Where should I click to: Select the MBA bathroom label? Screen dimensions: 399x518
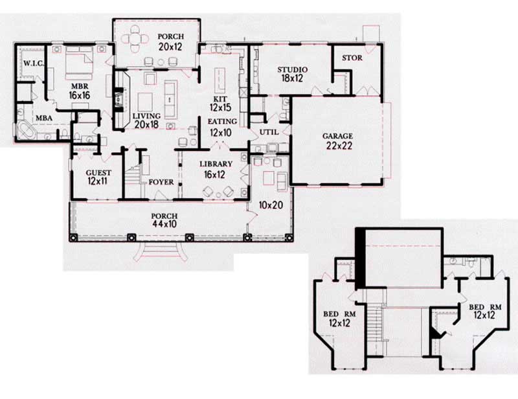coord(43,118)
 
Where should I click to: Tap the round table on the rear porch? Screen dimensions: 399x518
coord(135,39)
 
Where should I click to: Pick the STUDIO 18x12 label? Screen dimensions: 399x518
coord(292,73)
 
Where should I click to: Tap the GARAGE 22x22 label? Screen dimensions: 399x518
coord(338,141)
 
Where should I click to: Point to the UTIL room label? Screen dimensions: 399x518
coord(269,132)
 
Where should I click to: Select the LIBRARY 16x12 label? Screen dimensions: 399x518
coord(216,169)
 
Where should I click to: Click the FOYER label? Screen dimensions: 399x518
coord(161,182)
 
